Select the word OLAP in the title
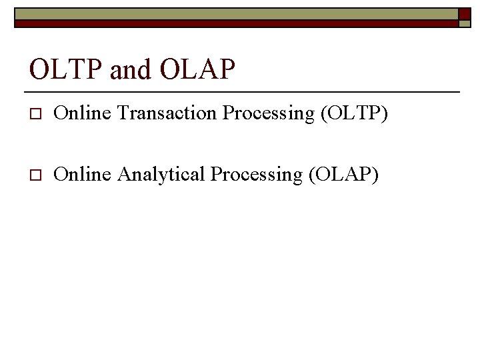197,69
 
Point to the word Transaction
167,114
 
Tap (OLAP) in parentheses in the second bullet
343,175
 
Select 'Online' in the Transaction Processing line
83,114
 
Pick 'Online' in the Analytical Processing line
83,175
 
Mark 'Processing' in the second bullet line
257,175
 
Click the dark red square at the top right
465,13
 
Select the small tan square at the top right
465,23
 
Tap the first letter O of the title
39,69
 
